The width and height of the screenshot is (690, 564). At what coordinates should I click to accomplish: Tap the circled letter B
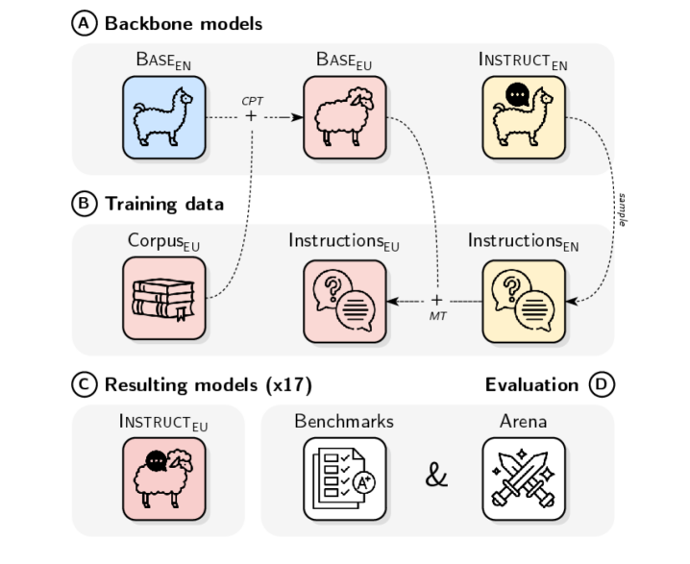tap(85, 204)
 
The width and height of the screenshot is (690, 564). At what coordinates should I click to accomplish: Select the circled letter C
tap(85, 384)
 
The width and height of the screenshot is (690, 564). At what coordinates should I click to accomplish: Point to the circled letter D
tap(602, 384)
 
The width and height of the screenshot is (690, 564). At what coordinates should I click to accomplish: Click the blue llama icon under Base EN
tap(163, 118)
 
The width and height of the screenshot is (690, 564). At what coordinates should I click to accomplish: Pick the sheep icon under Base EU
tap(344, 118)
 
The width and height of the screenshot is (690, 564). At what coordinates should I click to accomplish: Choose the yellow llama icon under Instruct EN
tap(524, 118)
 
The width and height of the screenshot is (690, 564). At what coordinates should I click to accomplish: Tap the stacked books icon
tap(163, 299)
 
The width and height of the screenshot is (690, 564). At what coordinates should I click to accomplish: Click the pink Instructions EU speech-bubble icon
tap(344, 299)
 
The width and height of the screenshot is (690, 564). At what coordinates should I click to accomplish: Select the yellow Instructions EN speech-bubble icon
tap(524, 299)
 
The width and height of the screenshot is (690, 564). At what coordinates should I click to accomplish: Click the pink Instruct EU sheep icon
tap(163, 478)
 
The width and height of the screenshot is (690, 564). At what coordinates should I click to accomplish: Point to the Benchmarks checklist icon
tap(344, 478)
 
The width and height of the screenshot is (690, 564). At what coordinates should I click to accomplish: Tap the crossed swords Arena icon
tap(524, 478)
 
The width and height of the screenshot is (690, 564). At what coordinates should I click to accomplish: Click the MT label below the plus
tap(437, 316)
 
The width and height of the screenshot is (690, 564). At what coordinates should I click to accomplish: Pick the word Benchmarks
tap(344, 421)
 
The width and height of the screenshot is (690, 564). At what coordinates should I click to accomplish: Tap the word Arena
tap(524, 421)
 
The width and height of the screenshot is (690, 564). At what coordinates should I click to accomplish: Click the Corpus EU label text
tap(163, 240)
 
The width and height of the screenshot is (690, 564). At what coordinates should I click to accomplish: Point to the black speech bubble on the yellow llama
tap(519, 95)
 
